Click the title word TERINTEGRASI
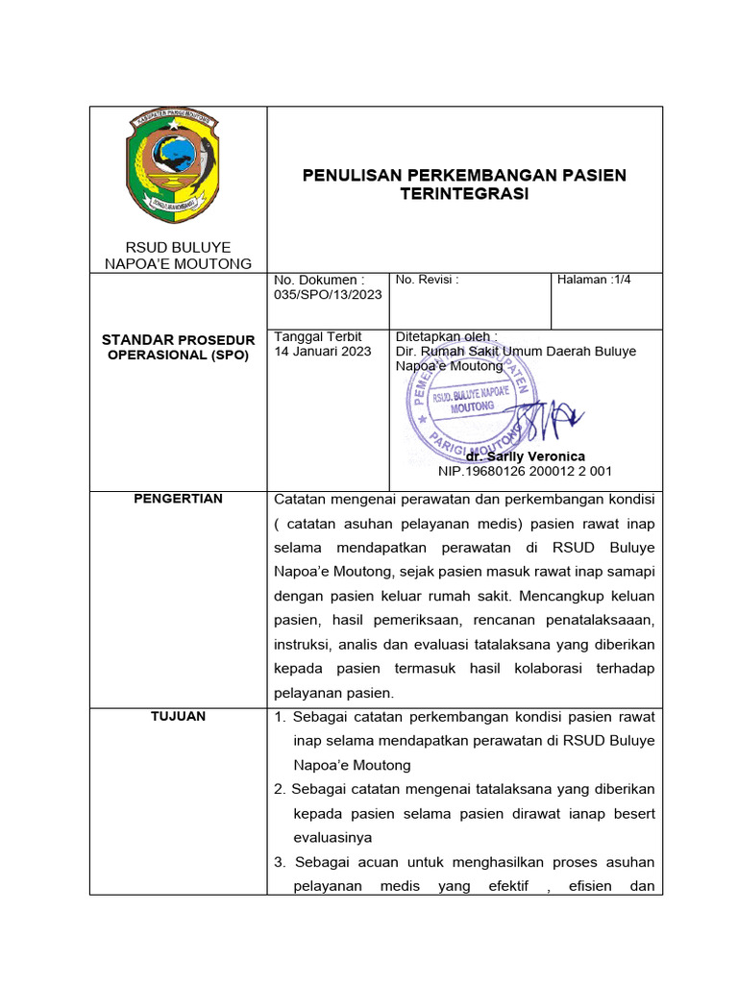(464, 194)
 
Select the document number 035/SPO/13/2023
(328, 294)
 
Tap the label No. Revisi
(427, 280)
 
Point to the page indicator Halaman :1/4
(594, 280)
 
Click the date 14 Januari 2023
(323, 352)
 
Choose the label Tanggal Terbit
(318, 337)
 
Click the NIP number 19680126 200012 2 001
(525, 471)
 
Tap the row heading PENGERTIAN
(178, 499)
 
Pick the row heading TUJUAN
(178, 717)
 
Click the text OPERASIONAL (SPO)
(178, 355)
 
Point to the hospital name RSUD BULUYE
(178, 248)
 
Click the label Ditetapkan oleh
(447, 337)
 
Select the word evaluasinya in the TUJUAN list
(332, 837)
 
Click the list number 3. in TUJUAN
(282, 861)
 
